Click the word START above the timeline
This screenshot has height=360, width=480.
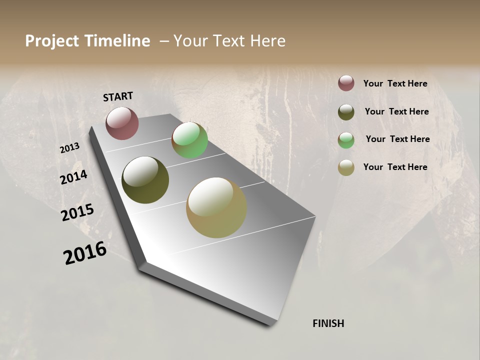118,96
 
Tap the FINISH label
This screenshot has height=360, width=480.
328,323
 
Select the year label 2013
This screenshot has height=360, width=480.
69,148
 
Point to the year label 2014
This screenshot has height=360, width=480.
73,177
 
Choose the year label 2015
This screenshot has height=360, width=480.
77,212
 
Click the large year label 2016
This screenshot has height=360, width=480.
85,253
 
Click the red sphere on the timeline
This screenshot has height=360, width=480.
122,123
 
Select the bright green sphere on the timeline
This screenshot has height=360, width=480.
189,140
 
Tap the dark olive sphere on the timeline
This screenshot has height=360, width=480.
145,180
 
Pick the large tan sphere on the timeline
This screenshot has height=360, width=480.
216,207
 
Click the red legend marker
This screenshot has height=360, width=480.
346,83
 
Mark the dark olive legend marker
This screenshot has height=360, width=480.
346,112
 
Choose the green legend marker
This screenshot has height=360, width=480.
346,140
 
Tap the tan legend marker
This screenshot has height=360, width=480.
346,167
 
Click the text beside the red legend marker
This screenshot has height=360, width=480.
395,83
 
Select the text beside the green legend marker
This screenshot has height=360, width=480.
397,139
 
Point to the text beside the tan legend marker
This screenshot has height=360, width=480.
395,167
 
